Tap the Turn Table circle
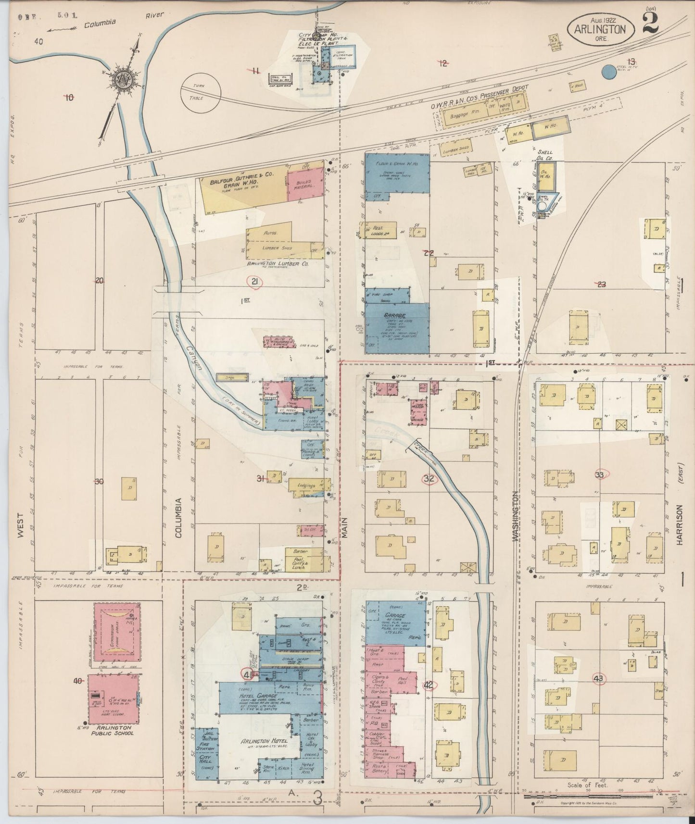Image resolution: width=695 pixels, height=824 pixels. click(x=201, y=92)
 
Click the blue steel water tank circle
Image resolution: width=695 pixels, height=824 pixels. click(x=609, y=72)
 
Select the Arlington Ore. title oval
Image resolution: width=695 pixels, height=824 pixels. click(x=603, y=29)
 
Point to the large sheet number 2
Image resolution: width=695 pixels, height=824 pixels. click(x=650, y=23)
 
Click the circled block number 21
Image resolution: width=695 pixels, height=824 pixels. click(x=254, y=282)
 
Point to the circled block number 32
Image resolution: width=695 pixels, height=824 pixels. click(x=430, y=478)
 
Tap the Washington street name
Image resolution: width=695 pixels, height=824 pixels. click(x=516, y=516)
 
